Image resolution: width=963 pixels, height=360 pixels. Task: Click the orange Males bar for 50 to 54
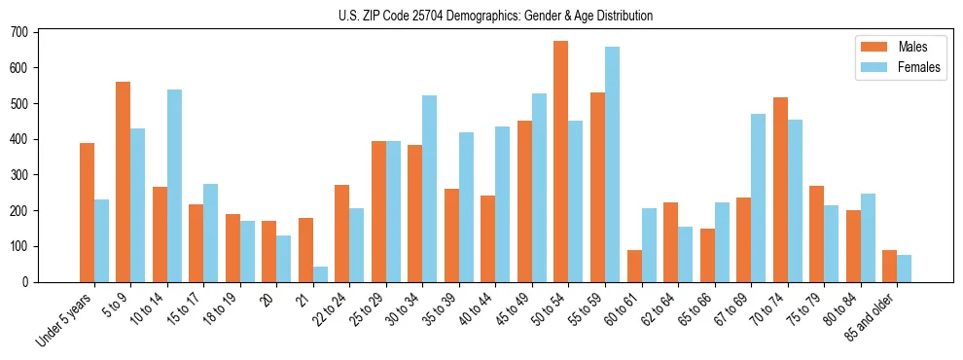tap(561, 162)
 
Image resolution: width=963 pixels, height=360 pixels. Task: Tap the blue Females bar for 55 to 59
tap(612, 164)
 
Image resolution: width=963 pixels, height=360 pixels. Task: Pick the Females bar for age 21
tap(320, 274)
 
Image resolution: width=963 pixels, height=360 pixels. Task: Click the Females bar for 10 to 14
tap(174, 186)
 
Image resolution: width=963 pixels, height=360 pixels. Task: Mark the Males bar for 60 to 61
tap(634, 267)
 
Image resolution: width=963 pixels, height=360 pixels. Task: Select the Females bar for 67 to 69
tap(758, 198)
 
